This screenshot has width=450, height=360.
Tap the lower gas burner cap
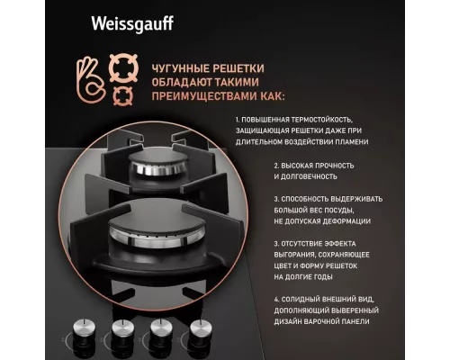click(143, 229)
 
